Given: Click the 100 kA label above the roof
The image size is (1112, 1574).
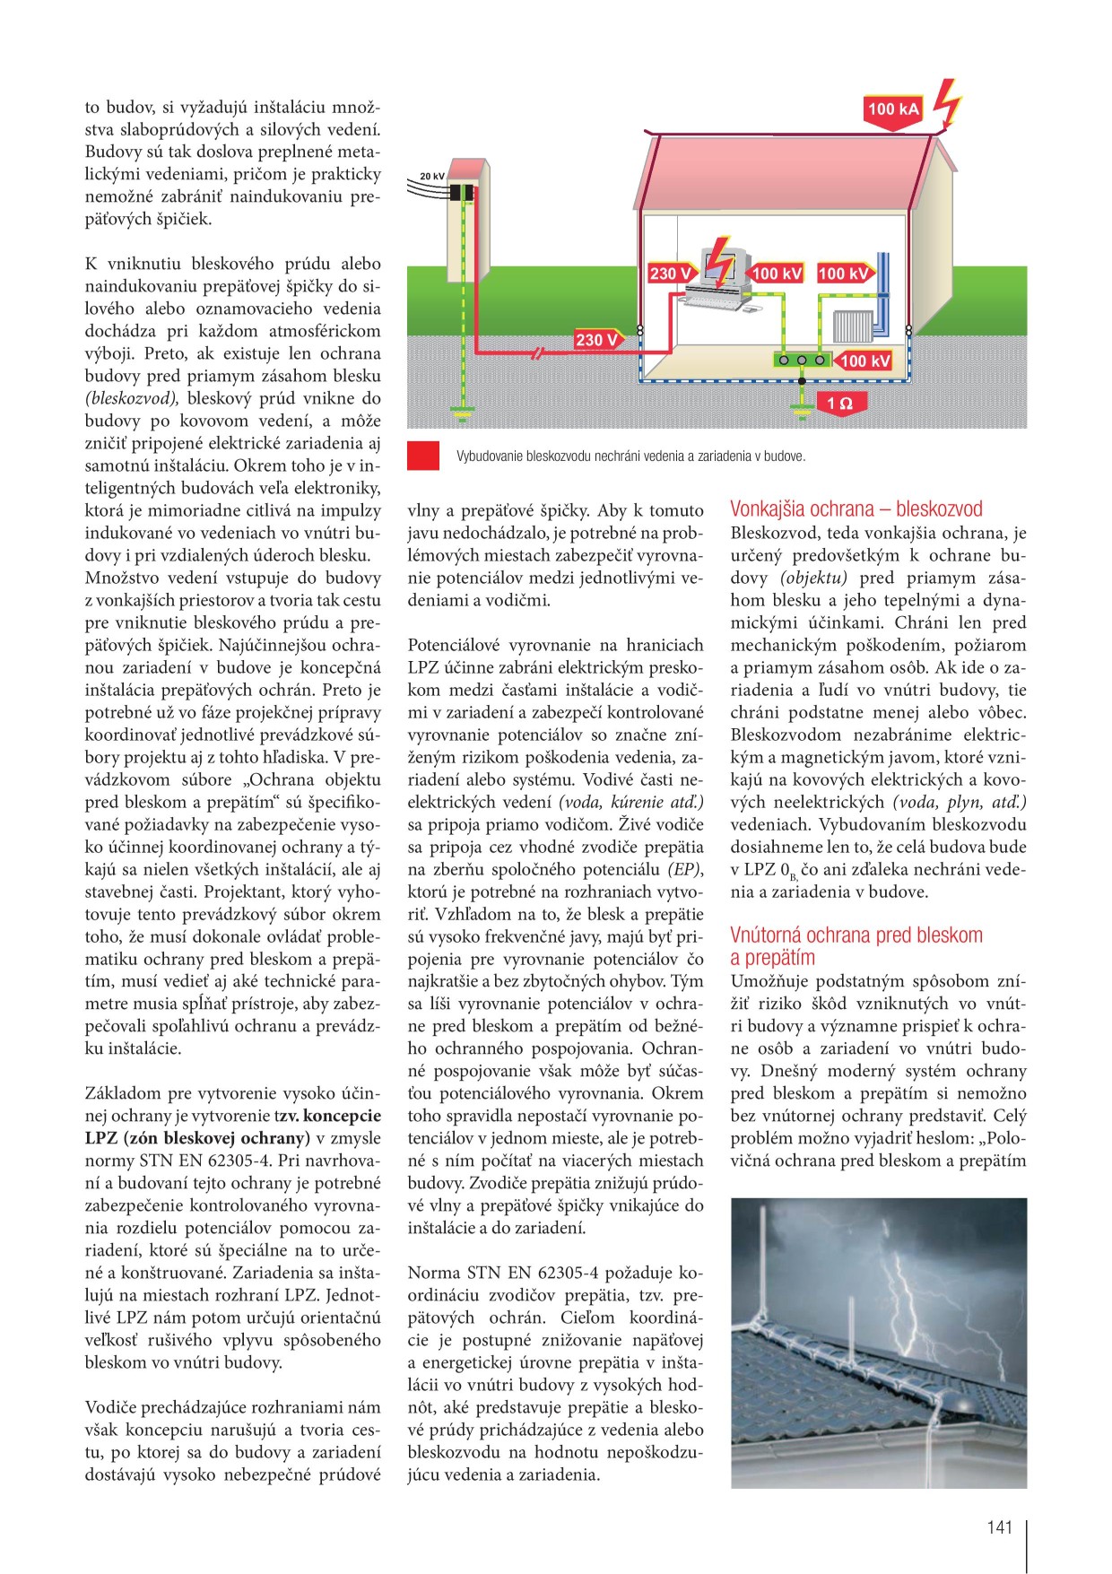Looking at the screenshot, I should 893,109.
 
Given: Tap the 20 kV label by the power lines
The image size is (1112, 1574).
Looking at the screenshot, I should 432,177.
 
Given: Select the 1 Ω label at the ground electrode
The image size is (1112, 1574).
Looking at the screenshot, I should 839,404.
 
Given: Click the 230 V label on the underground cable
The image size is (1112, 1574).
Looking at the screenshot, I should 596,340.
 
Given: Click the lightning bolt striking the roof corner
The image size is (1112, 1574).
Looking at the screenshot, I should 947,101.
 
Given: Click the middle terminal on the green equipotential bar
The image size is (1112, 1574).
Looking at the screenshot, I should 801,360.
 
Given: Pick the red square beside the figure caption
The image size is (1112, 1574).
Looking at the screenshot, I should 423,456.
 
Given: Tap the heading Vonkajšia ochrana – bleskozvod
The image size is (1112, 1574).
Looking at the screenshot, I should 856,509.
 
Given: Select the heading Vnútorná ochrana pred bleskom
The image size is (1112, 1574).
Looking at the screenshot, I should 856,935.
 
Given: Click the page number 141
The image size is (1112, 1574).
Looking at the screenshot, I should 999,1527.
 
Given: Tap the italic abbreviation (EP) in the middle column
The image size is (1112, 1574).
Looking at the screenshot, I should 685,869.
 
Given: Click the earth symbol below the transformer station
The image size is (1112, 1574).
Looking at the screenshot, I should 463,413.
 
